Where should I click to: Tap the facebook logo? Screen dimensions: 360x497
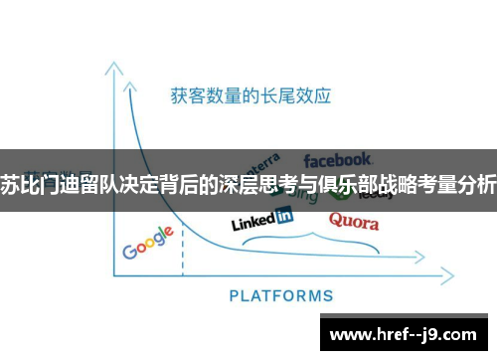(x=338, y=159)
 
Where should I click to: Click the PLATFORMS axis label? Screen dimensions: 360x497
(x=281, y=295)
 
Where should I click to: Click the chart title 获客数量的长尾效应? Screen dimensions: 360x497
(x=250, y=96)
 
